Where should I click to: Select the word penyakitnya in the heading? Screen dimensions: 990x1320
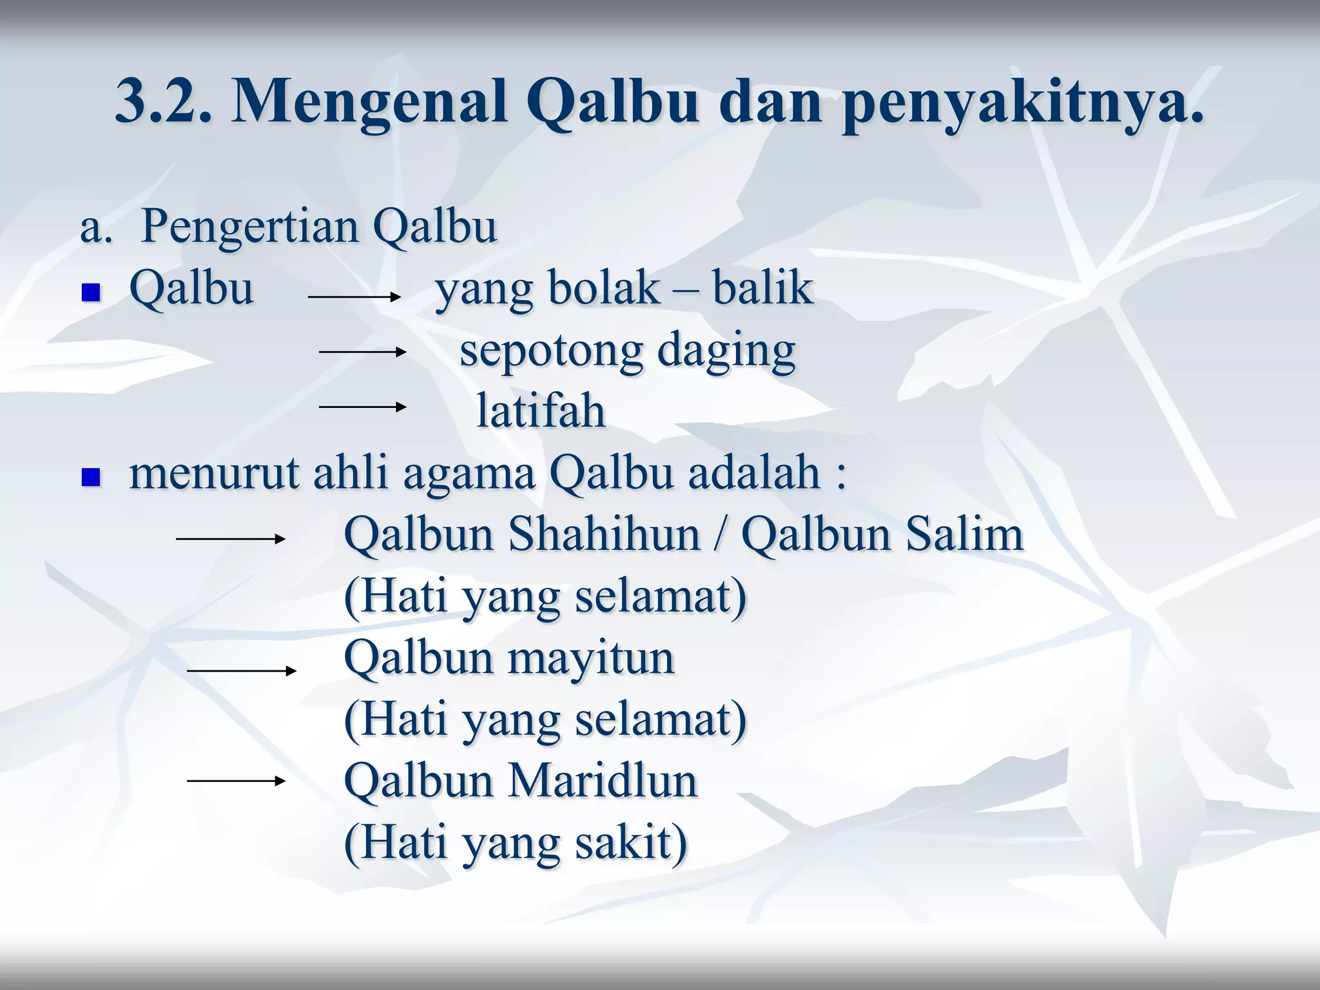pos(1022,103)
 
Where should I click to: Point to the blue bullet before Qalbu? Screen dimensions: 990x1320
pos(91,294)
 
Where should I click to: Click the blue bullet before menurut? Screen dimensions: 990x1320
pos(91,478)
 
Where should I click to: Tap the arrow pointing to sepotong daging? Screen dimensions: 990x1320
pos(362,352)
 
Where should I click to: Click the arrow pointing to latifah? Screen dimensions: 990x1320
pos(362,407)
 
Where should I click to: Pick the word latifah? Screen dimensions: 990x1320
pos(540,411)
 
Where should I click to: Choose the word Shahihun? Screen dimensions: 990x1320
pos(604,534)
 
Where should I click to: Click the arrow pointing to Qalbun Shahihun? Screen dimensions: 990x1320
pos(231,538)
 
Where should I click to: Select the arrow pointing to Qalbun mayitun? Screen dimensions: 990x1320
pos(241,671)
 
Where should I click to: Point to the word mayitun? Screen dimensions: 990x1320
pos(591,659)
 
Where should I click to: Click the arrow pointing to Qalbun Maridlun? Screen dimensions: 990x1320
pos(236,781)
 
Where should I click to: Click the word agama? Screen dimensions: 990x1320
pos(469,472)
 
